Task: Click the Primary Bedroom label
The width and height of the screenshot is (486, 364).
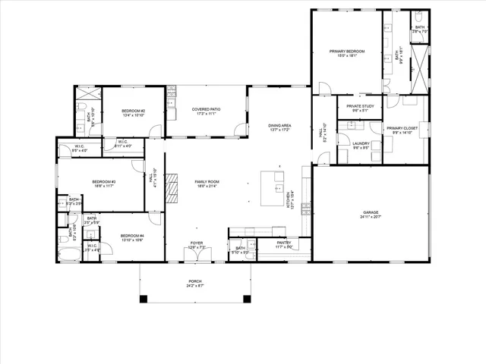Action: point(347,51)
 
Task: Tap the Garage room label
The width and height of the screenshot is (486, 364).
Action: point(371,212)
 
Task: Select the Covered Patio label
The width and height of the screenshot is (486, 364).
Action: point(207,110)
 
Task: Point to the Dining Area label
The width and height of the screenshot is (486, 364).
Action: point(280,125)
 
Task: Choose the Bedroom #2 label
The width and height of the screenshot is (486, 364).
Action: point(134,111)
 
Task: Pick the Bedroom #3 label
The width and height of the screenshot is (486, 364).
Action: point(103,182)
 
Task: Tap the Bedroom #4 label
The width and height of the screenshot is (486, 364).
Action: point(132,236)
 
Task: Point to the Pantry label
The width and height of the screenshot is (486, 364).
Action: point(284,243)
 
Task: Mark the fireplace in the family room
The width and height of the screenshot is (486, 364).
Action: point(172,190)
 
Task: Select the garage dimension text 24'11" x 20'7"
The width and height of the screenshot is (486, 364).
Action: point(371,217)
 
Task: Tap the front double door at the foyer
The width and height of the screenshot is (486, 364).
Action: point(197,261)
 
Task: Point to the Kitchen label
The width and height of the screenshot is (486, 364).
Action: point(288,199)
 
